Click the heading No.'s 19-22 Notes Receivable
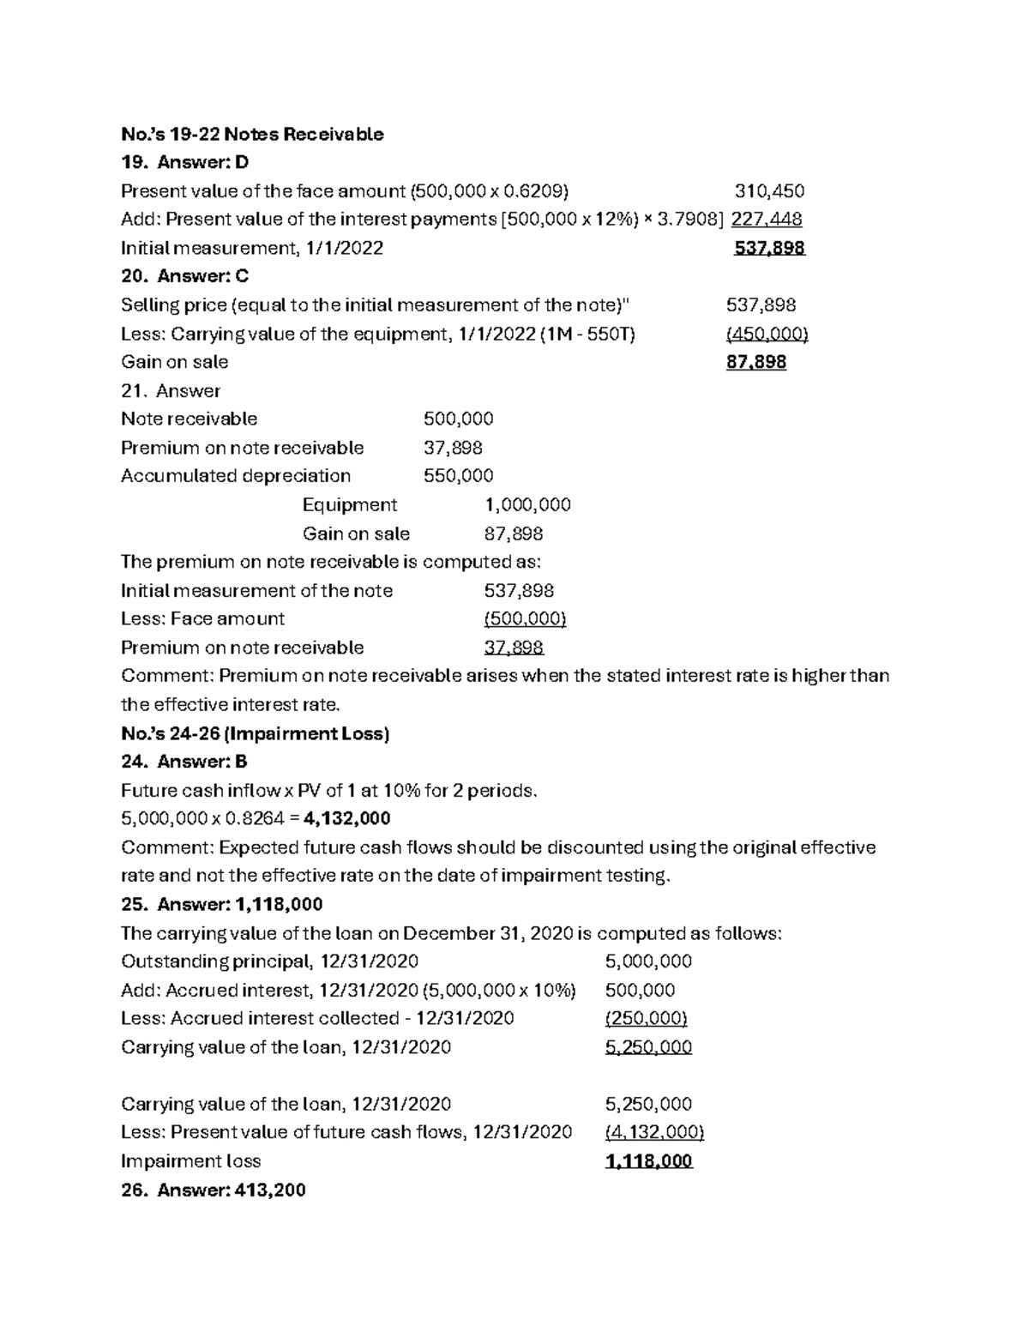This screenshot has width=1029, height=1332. (x=252, y=134)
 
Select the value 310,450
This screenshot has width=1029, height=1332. (x=769, y=190)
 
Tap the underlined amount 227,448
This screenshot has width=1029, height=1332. (x=766, y=219)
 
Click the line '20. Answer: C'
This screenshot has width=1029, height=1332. (x=184, y=276)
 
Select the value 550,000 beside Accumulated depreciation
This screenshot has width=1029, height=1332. (x=458, y=476)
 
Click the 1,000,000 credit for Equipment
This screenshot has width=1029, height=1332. (x=527, y=504)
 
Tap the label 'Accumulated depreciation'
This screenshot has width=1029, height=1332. (x=236, y=476)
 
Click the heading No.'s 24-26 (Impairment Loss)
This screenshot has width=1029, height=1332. (x=256, y=733)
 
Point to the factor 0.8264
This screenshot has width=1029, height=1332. (x=255, y=818)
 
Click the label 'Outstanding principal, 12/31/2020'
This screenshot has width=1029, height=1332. (x=269, y=961)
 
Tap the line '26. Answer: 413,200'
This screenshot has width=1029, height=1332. (x=213, y=1190)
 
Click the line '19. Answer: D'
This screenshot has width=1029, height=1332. (x=184, y=162)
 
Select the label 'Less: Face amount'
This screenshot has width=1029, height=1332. (x=202, y=618)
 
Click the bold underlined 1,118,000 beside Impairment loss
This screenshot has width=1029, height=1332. (x=648, y=1161)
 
